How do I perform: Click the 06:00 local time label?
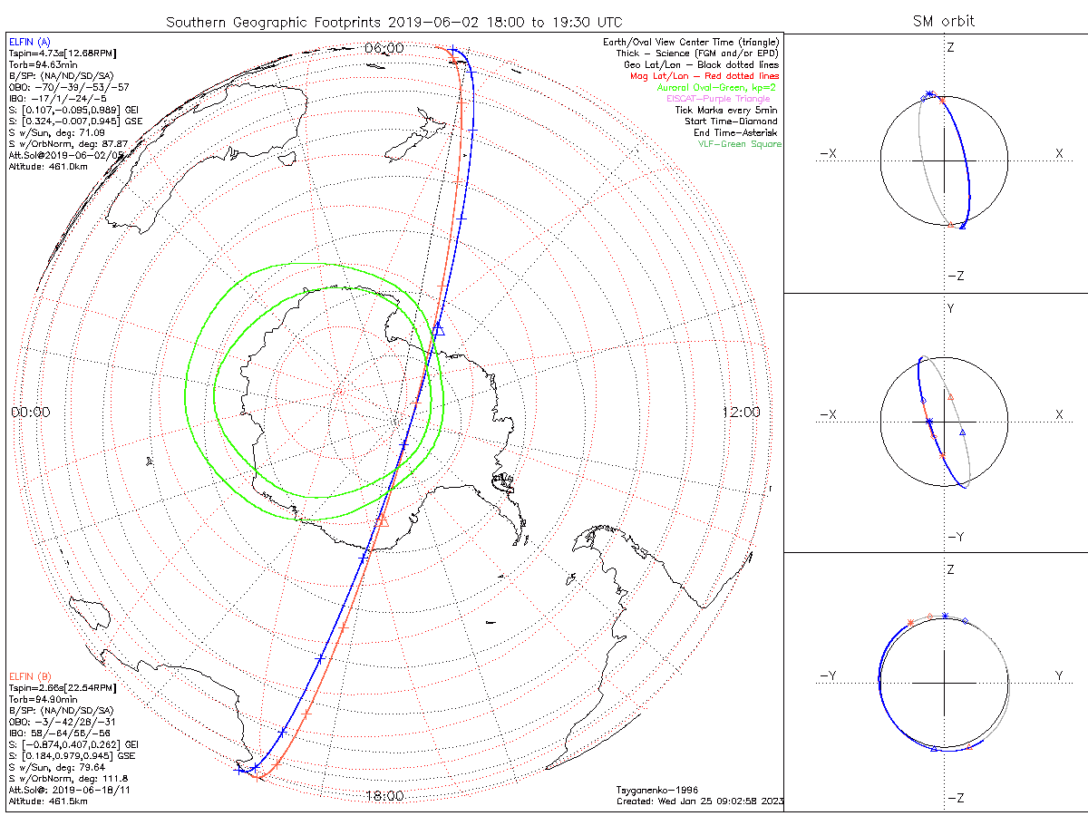(x=384, y=47)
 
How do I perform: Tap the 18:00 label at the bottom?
(x=384, y=796)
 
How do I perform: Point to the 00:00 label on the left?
(x=30, y=412)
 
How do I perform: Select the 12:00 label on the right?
(x=742, y=412)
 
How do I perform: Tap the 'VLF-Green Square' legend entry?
(x=739, y=144)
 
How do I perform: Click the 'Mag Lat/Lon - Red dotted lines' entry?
(x=704, y=76)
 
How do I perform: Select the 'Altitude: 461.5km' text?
(x=47, y=801)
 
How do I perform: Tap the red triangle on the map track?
(x=382, y=520)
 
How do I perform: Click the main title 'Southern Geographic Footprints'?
(x=272, y=21)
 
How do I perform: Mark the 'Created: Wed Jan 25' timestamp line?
(x=699, y=801)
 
